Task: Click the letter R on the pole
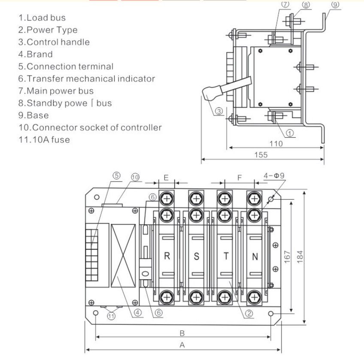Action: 167,257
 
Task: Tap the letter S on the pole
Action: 197,257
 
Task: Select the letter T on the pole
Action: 225,257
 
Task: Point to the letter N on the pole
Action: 255,257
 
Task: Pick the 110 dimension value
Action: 276,143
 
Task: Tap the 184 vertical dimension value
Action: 300,257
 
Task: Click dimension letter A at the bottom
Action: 182,345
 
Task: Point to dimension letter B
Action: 182,333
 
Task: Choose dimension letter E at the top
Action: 166,176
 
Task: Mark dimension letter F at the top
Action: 240,176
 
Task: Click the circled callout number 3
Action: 219,112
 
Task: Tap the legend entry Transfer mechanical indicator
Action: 91,79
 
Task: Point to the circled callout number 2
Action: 249,313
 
